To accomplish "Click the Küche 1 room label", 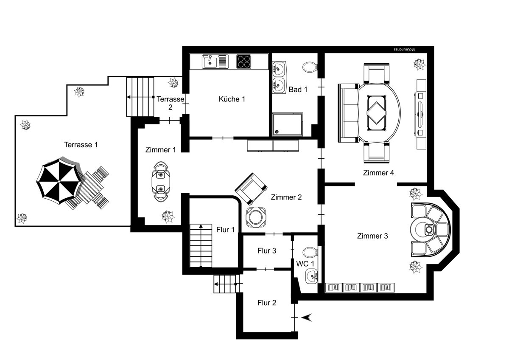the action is tap(232, 99).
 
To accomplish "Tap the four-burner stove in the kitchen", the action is tap(243, 62).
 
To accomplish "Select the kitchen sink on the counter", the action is tap(215, 62).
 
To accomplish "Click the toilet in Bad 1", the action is tap(310, 67).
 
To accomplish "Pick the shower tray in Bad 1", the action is tap(288, 124).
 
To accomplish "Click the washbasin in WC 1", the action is tap(311, 276).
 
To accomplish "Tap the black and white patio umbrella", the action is tap(59, 181).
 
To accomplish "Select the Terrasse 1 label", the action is tap(81, 145).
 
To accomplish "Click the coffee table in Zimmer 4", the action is tap(377, 113).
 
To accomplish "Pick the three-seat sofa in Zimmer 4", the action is tap(348, 113).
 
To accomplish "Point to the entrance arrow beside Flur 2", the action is tap(307, 318).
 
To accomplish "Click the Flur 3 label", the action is tap(267, 250).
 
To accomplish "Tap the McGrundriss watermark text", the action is tap(404, 50).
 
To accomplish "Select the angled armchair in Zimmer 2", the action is tap(251, 189).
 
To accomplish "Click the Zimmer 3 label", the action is tap(372, 236).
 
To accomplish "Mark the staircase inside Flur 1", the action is tap(201, 245).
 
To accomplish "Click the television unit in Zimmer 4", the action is tap(420, 114).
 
